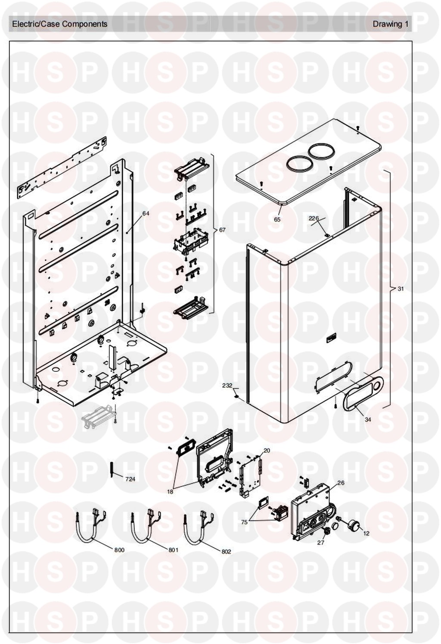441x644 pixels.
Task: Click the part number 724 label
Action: coord(130,479)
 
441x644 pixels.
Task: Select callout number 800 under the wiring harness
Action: coord(119,550)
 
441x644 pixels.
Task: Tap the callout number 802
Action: coord(226,551)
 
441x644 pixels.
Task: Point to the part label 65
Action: coord(277,219)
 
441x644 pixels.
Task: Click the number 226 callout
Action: coord(314,218)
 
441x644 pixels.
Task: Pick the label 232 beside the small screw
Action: coord(227,386)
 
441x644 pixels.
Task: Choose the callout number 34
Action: coord(368,419)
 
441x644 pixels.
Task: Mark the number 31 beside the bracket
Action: coord(401,289)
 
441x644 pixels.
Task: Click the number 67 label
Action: coord(222,230)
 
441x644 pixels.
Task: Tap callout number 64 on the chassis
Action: coord(146,213)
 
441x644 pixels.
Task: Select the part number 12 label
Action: coord(366,533)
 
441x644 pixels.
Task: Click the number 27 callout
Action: coord(320,542)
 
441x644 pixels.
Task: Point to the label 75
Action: coord(245,522)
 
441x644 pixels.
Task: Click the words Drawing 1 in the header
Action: coord(390,24)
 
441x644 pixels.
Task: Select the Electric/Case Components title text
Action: coord(59,24)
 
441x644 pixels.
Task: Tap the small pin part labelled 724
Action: coord(111,468)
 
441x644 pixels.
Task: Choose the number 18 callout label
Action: coord(170,492)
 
